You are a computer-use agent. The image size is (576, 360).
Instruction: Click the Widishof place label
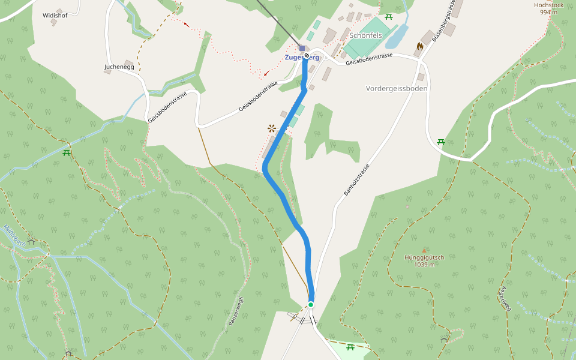(x=55, y=16)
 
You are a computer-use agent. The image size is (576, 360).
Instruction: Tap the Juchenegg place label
(x=119, y=67)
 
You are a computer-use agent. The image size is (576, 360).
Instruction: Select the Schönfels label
(x=366, y=35)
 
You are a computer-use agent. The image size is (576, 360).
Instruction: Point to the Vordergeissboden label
(x=397, y=88)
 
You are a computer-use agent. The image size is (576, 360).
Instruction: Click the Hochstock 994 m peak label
(x=548, y=8)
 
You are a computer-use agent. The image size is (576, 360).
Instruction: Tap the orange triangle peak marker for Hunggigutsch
(x=424, y=250)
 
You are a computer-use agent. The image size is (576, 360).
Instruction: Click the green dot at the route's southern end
(x=311, y=305)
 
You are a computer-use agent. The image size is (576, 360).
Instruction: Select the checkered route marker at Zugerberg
(x=307, y=56)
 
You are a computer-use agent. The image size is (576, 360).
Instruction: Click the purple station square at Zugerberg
(x=302, y=48)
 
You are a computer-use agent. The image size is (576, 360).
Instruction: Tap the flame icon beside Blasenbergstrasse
(x=419, y=46)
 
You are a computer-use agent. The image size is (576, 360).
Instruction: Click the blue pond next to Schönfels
(x=397, y=37)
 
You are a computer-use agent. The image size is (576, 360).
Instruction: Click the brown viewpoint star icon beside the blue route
(x=272, y=128)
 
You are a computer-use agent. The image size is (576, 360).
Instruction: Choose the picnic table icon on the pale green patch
(x=350, y=347)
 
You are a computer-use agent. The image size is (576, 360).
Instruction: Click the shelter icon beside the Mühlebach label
(x=31, y=242)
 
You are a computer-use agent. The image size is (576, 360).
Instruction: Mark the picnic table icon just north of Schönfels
(x=389, y=16)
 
